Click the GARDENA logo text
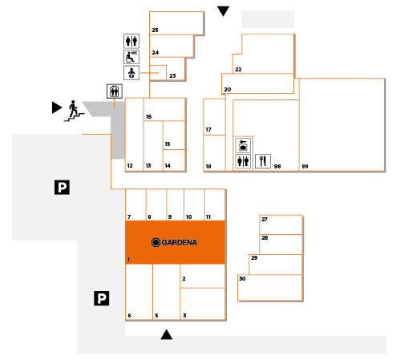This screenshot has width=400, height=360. tap(180, 242)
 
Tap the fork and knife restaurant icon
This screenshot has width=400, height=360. tap(263, 161)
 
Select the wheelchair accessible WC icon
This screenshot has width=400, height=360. tap(131, 57)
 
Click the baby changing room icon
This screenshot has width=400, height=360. tap(131, 73)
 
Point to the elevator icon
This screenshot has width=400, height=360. tap(115, 91)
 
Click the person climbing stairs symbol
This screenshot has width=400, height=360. tap(74, 111)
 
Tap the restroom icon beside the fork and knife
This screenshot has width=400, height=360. tap(243, 161)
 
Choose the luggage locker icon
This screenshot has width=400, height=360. tap(243, 145)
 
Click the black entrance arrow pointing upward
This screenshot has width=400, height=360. tap(167, 334)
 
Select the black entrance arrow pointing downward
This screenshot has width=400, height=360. tap(223, 11)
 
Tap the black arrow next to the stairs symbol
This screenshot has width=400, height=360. tap(57, 107)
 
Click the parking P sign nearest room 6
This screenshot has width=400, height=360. tap(102, 298)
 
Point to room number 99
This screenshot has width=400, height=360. tap(305, 167)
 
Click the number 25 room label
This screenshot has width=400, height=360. tap(155, 30)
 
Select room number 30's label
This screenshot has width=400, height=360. tap(242, 278)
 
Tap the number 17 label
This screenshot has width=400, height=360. tap(208, 130)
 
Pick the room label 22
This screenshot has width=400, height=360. tap(238, 70)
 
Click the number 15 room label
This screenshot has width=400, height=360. tap(168, 144)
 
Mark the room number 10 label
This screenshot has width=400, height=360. tap(188, 217)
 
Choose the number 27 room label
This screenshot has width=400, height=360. tap(265, 219)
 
